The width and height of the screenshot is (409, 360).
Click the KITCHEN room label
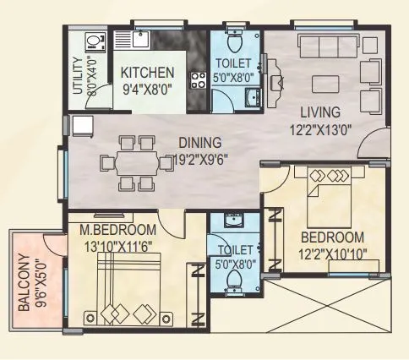146,72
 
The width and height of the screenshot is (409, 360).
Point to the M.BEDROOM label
118,230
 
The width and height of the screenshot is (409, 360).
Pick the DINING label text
199,143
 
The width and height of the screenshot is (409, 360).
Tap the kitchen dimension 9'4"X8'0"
146,87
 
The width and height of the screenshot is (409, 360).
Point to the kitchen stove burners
201,81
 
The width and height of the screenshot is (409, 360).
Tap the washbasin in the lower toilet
232,221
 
